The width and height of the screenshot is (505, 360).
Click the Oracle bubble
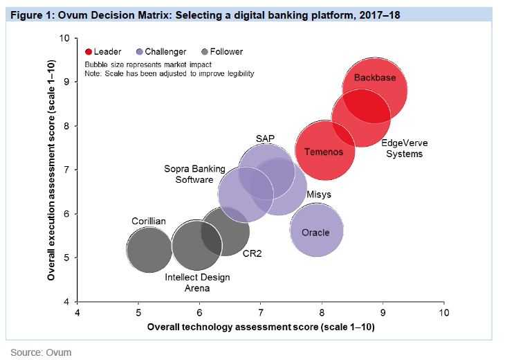pos(316,232)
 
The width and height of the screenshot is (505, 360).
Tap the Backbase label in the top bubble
pos(374,78)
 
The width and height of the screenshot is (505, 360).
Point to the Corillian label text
pos(149,221)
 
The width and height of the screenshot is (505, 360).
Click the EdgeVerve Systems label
pos(404,148)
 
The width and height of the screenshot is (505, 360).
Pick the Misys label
pos(318,195)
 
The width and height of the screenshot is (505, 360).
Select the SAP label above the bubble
pos(265,138)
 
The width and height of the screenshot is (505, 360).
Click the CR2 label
pos(252,253)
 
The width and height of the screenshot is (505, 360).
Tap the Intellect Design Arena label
pos(197,282)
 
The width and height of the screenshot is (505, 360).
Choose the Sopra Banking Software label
pos(188,174)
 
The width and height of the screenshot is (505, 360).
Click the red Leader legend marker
pos(89,52)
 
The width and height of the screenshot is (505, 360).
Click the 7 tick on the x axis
pos(260,313)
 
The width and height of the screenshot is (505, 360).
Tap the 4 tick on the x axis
pos(77,313)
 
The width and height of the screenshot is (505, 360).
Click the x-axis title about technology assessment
pos(260,326)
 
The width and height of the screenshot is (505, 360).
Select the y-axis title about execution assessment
pos(52,170)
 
